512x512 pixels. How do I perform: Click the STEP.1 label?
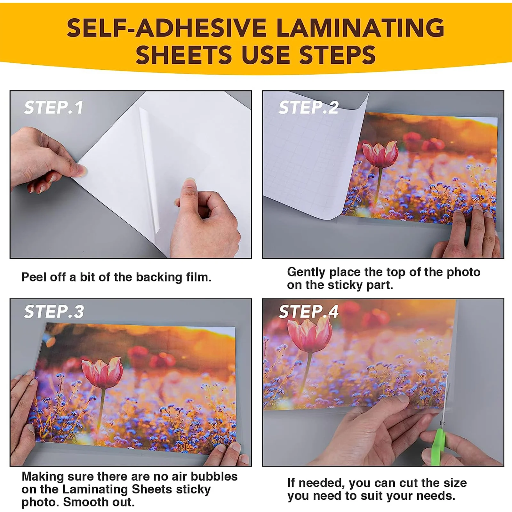point(54,108)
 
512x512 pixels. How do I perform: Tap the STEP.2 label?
point(308,108)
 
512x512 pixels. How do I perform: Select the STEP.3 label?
point(54,312)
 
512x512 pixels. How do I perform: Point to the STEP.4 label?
point(308,312)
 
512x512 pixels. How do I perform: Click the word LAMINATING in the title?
point(360,28)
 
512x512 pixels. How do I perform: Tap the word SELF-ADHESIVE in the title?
point(166,28)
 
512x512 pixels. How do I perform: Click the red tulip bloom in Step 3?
point(102,373)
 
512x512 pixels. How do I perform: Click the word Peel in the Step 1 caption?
point(33,277)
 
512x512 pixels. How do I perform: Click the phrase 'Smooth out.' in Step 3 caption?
point(99,502)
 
